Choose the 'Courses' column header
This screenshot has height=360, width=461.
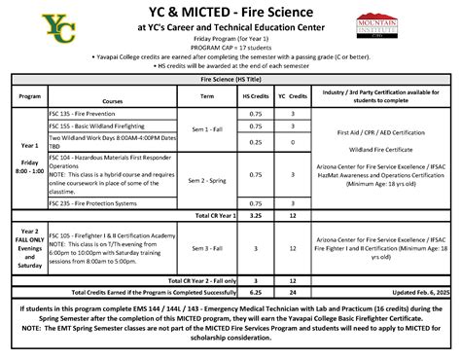click(x=115, y=99)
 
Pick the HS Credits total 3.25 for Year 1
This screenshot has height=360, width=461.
click(x=255, y=215)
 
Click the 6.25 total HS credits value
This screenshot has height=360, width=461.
click(x=255, y=290)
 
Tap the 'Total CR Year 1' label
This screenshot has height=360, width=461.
click(x=214, y=215)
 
